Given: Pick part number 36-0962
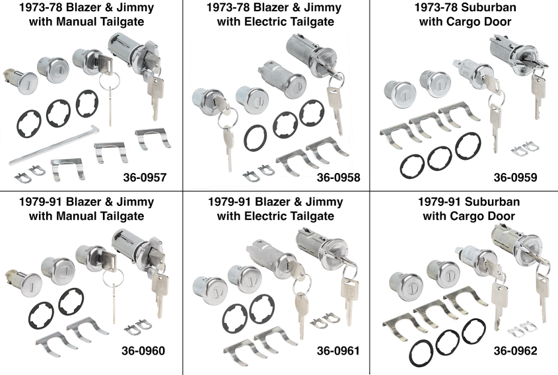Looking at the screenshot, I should tap(516, 349).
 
